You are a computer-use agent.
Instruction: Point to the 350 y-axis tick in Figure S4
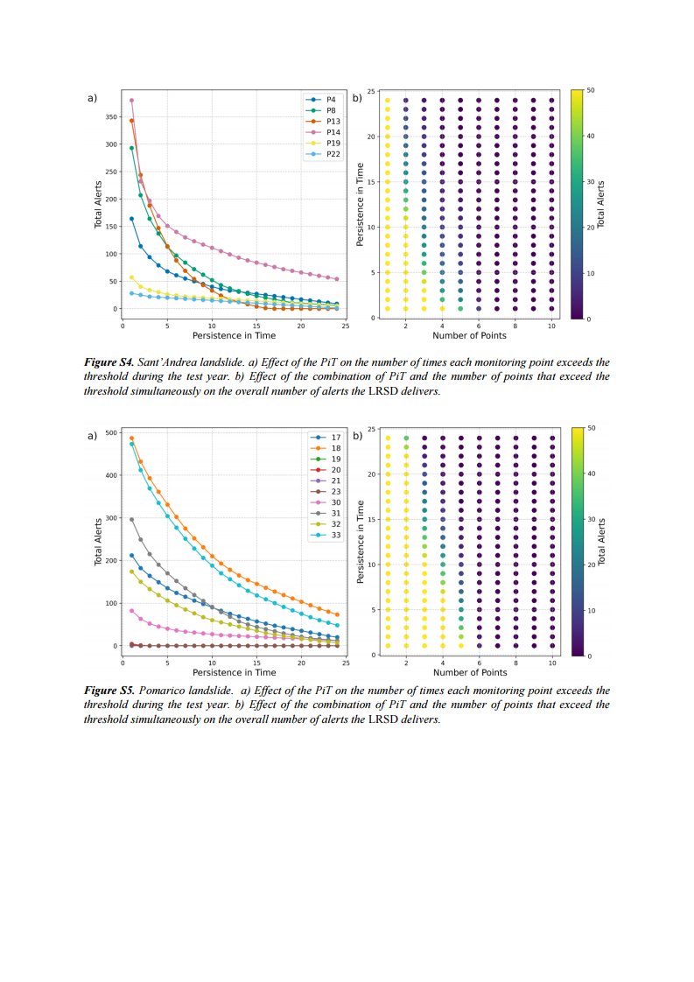click(x=111, y=116)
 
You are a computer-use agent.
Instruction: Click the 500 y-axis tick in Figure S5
click(x=111, y=432)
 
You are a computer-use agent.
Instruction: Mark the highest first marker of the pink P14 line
click(x=132, y=100)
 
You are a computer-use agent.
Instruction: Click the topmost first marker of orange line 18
click(x=132, y=438)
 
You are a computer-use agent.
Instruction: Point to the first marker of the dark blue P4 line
click(x=132, y=219)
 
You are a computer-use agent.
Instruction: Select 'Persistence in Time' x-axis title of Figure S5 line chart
click(x=234, y=672)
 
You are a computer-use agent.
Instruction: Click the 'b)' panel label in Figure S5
click(x=357, y=435)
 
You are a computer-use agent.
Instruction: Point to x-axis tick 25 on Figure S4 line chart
click(x=346, y=326)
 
